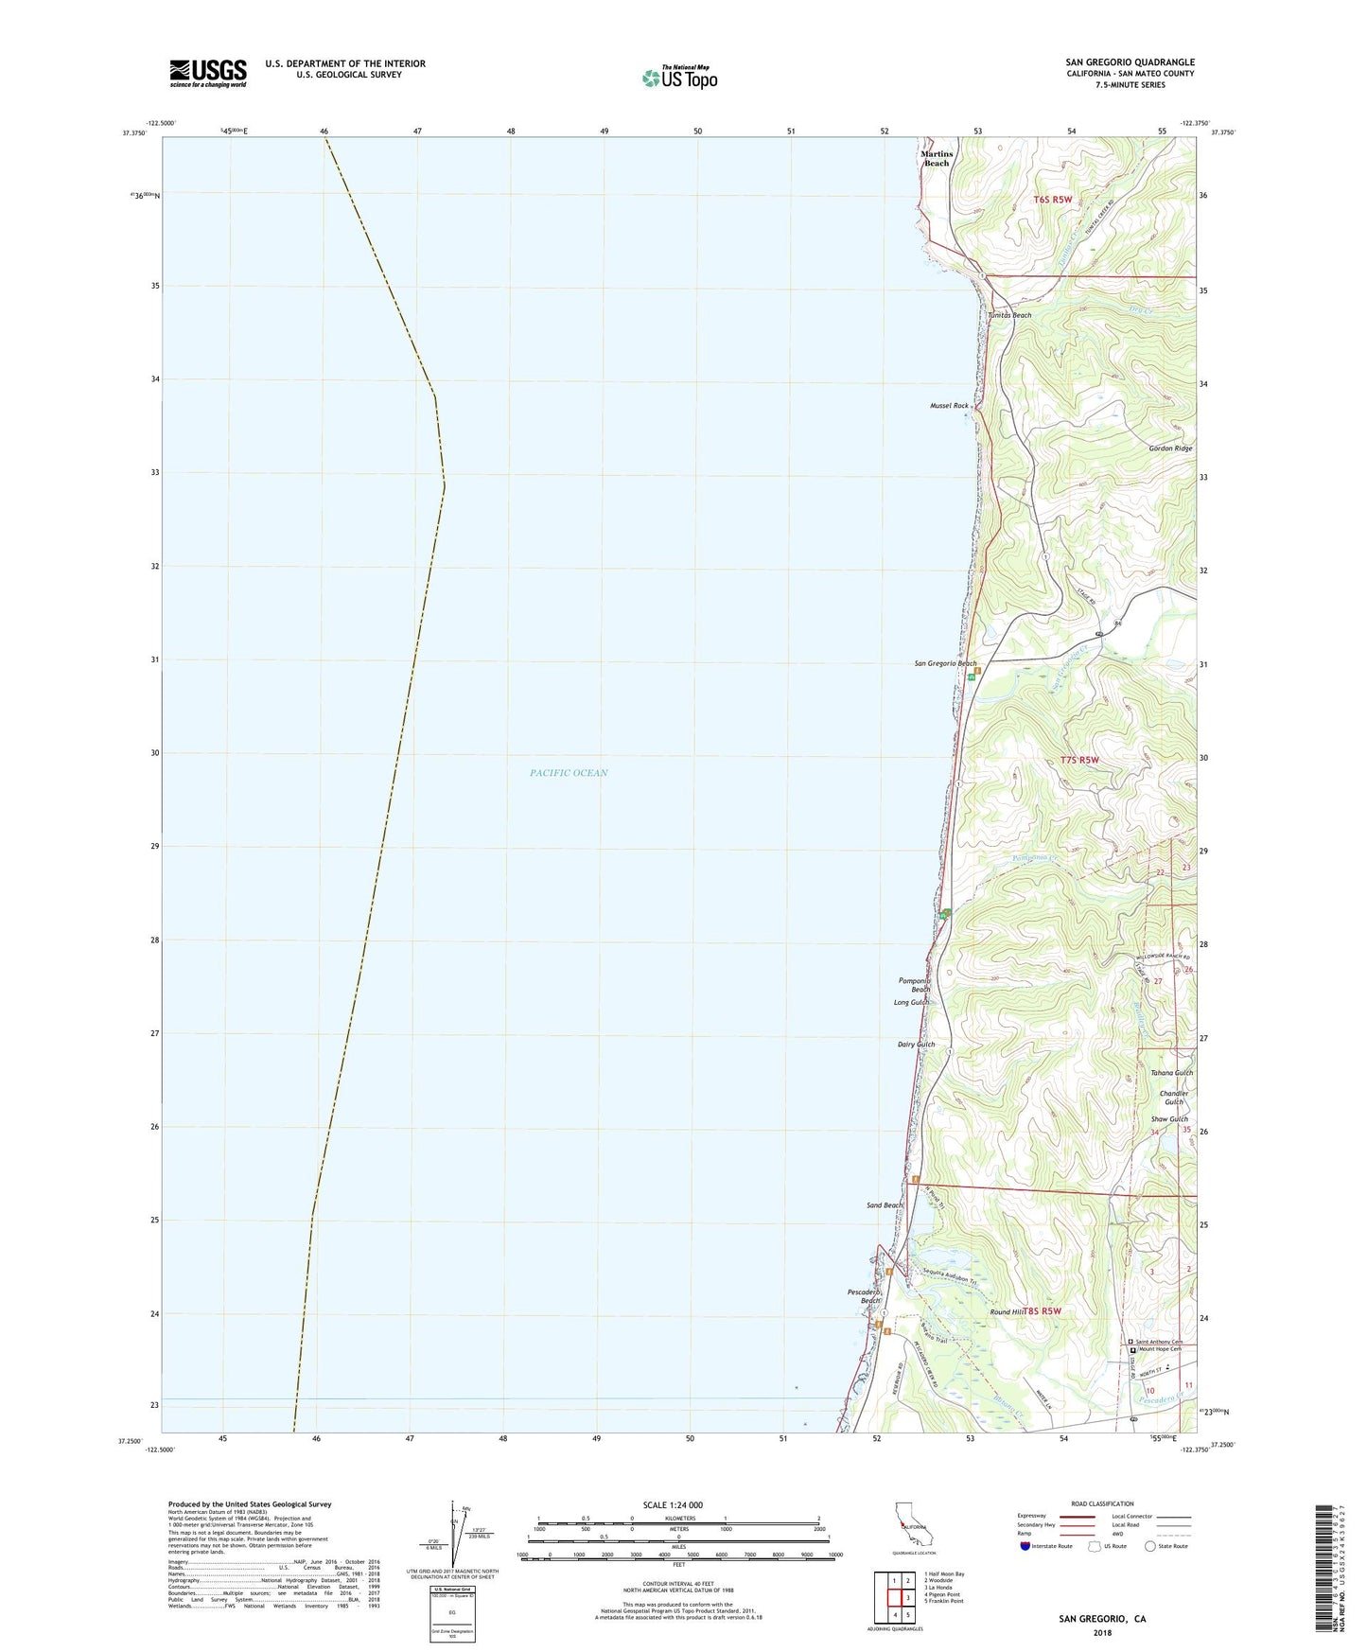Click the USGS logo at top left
208,73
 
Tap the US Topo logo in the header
678,78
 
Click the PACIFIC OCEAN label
569,773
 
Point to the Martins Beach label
936,158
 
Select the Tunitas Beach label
1009,315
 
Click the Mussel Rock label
949,405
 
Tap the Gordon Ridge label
1170,448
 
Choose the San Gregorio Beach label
944,663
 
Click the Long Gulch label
911,1002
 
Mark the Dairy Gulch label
915,1045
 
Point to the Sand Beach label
885,1205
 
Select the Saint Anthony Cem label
1159,1342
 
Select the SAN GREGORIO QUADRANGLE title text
1130,62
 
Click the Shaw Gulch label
1169,1119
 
